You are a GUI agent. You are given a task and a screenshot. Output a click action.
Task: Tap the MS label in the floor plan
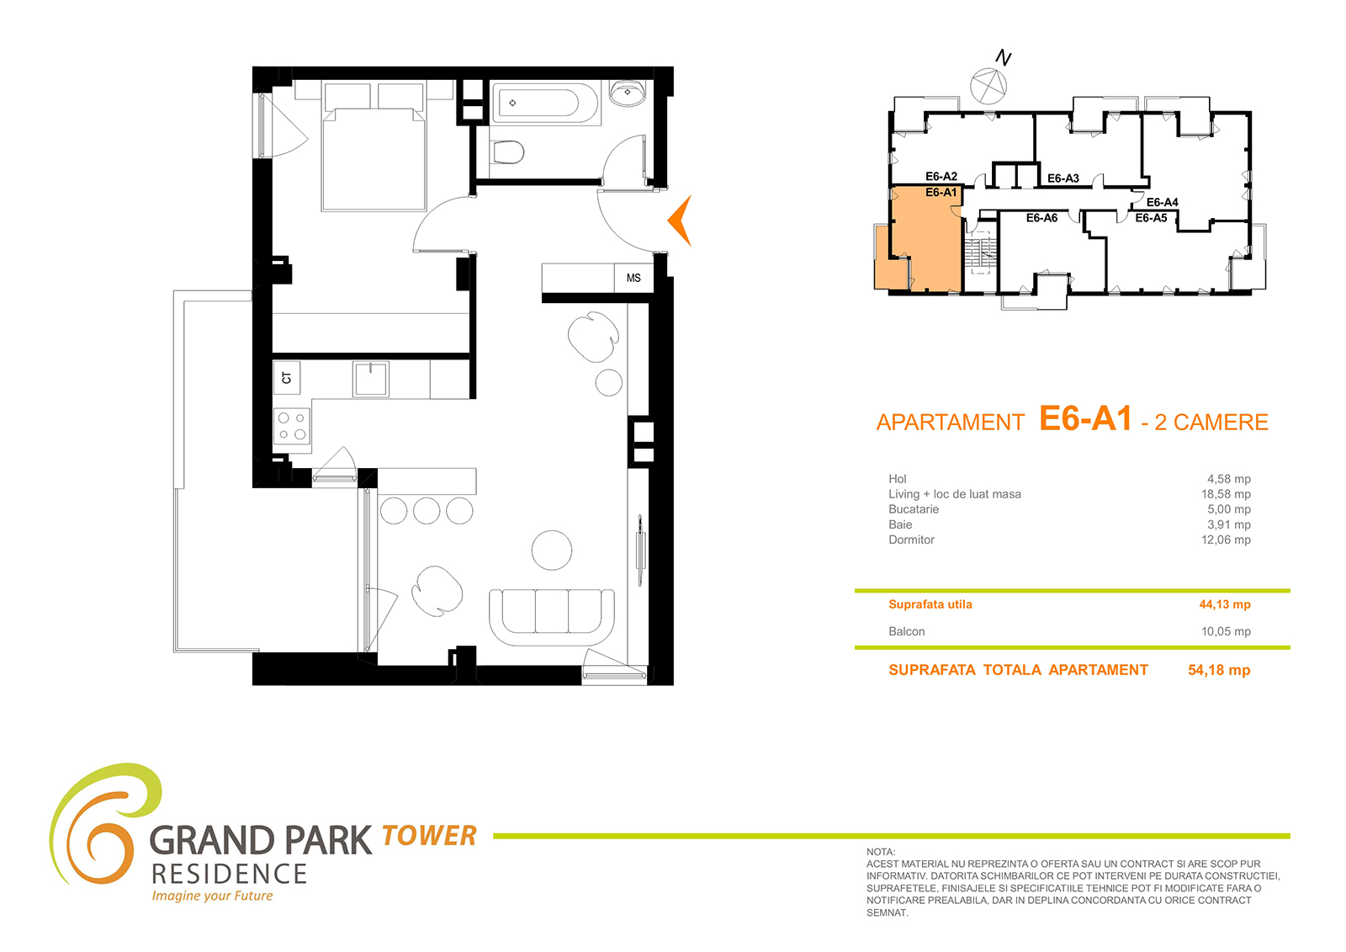(633, 278)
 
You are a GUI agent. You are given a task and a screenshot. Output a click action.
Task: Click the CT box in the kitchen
(287, 378)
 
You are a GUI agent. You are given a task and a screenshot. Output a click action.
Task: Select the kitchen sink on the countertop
(371, 379)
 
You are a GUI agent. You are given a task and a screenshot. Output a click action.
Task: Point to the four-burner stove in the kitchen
(292, 426)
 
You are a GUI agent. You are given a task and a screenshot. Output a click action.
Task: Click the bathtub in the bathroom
(546, 104)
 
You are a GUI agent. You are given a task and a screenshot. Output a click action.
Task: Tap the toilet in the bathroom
(508, 152)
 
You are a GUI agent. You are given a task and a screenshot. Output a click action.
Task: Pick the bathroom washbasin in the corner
(628, 93)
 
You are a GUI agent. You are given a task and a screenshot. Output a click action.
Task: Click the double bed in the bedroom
(374, 147)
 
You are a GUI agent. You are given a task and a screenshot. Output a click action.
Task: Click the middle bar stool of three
(427, 511)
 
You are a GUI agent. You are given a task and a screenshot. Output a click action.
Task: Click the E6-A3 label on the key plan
(1063, 178)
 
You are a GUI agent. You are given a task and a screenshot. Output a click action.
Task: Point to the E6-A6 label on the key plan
(1041, 218)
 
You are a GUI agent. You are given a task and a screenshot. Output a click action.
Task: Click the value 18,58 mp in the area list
(1226, 494)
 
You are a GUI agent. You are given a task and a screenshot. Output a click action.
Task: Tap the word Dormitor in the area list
(911, 540)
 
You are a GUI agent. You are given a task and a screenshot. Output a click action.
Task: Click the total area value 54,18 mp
(1219, 670)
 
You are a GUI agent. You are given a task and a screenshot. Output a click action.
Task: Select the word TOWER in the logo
(429, 836)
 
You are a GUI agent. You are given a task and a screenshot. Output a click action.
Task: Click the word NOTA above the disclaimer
(880, 852)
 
